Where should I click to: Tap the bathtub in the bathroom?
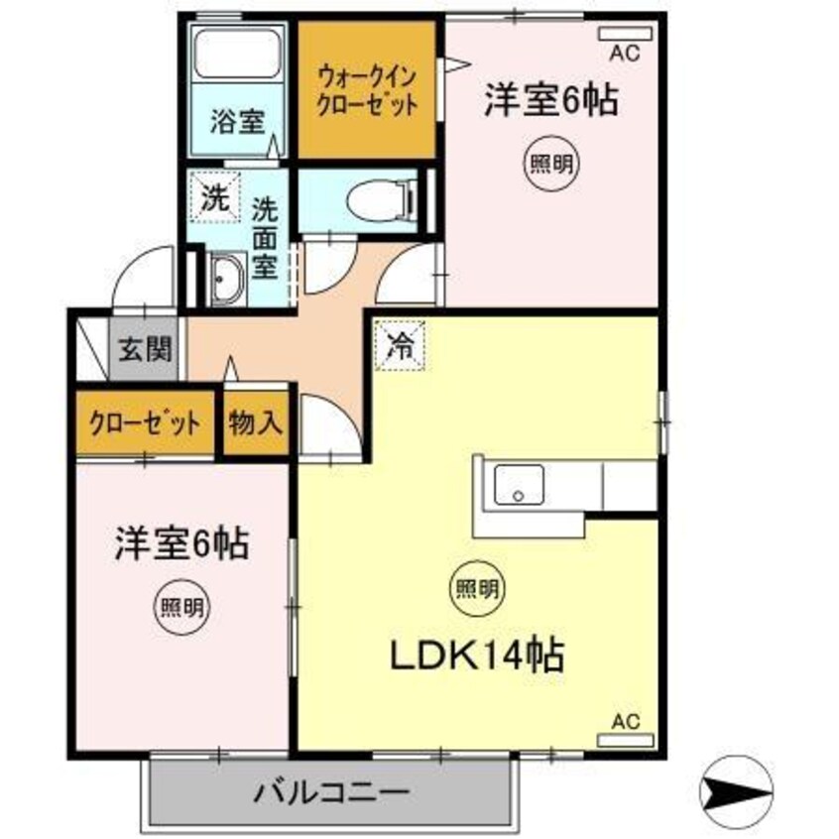[x=237, y=54]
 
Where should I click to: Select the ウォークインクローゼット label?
[x=366, y=90]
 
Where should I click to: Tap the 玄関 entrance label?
[x=146, y=349]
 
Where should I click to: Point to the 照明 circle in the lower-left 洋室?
[x=182, y=606]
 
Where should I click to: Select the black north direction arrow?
[x=735, y=789]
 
